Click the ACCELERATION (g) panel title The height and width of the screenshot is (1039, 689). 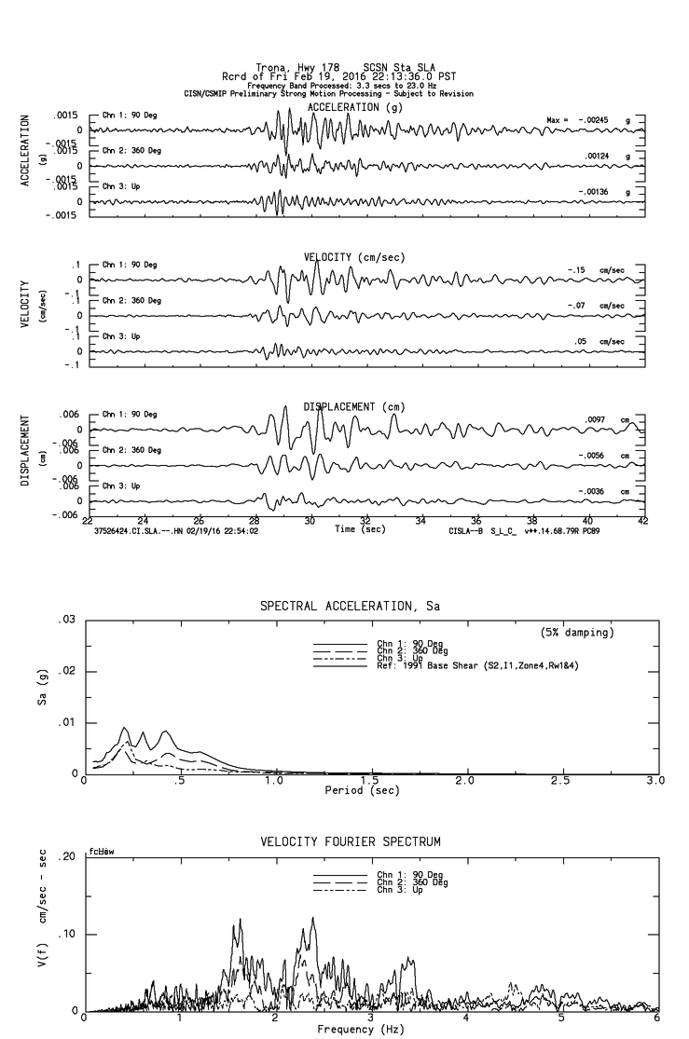(x=357, y=108)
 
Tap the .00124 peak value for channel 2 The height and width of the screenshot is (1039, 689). (x=596, y=157)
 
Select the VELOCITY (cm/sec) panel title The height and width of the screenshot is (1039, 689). (x=354, y=256)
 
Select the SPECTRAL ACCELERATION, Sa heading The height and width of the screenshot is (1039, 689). (x=350, y=607)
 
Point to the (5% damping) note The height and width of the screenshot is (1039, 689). (x=577, y=633)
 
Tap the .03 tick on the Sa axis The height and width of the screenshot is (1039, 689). (x=66, y=620)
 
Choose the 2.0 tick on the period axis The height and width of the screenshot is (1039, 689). (x=464, y=780)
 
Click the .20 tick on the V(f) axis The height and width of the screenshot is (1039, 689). (x=66, y=856)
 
